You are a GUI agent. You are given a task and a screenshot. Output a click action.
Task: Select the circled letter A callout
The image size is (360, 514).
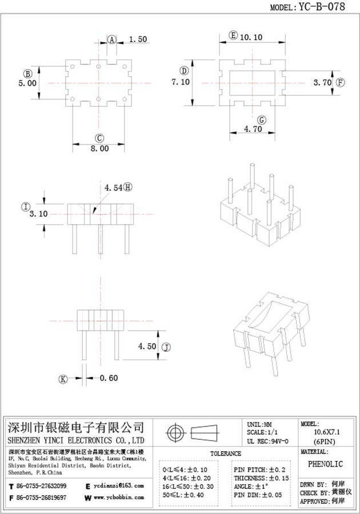(112, 39)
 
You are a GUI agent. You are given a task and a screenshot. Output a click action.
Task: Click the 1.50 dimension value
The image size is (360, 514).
(138, 39)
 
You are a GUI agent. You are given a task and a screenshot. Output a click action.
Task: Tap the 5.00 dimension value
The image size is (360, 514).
(27, 83)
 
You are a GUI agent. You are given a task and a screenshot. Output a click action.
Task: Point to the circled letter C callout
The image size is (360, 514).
(99, 138)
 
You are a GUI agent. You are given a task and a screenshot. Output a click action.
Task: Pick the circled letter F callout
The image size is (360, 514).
(341, 82)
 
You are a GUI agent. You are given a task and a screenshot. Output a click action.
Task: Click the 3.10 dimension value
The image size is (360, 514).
(38, 214)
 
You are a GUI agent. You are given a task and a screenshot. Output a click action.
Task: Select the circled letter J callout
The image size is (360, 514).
(166, 347)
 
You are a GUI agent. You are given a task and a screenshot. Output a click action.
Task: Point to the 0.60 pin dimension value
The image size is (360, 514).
(109, 378)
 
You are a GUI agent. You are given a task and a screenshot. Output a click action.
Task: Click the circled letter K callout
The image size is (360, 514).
(63, 379)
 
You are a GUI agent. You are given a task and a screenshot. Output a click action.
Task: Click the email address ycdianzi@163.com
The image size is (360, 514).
(119, 485)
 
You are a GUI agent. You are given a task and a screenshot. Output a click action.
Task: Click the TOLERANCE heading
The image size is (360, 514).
(225, 453)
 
